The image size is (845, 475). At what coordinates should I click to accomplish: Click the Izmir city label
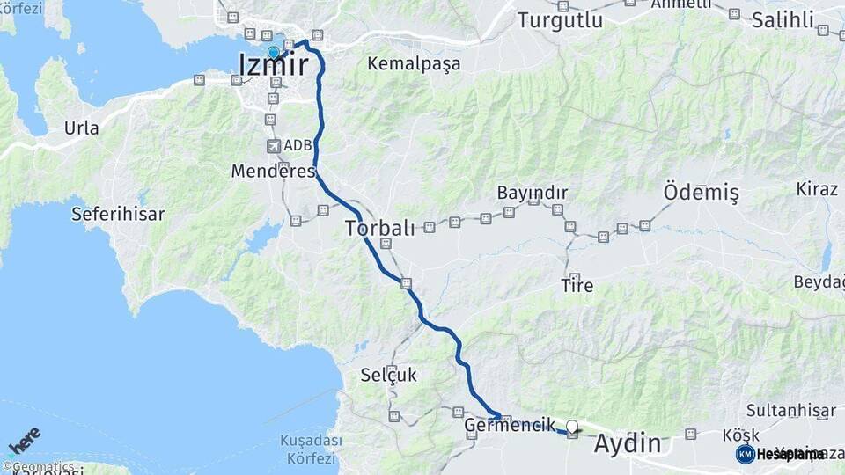[x=274, y=64]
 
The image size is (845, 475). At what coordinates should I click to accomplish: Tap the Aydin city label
[x=627, y=443]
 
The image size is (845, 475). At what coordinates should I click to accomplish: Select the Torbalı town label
[x=379, y=228]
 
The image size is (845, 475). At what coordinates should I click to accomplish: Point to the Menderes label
[x=273, y=171]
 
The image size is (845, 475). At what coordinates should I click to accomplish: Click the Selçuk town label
[x=388, y=375]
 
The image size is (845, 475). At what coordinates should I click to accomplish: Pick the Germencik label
[x=510, y=425]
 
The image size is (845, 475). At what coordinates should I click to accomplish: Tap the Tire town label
[x=577, y=285]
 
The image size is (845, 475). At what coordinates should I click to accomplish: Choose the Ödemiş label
[x=701, y=192]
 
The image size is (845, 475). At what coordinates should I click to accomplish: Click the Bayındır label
[x=532, y=192]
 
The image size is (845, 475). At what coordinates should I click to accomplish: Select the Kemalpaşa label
[x=414, y=63]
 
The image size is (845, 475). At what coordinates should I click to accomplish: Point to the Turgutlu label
[x=560, y=19]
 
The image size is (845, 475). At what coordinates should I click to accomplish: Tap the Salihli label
[x=783, y=19]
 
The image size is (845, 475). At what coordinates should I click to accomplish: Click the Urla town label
[x=81, y=128]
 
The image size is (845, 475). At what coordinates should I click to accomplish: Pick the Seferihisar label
[x=118, y=213]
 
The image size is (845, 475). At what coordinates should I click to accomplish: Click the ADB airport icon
[x=273, y=146]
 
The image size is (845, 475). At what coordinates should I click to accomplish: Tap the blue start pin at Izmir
[x=274, y=53]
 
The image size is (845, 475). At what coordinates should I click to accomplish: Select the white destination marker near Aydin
[x=572, y=427]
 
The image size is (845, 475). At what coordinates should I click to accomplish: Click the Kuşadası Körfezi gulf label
[x=308, y=449]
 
